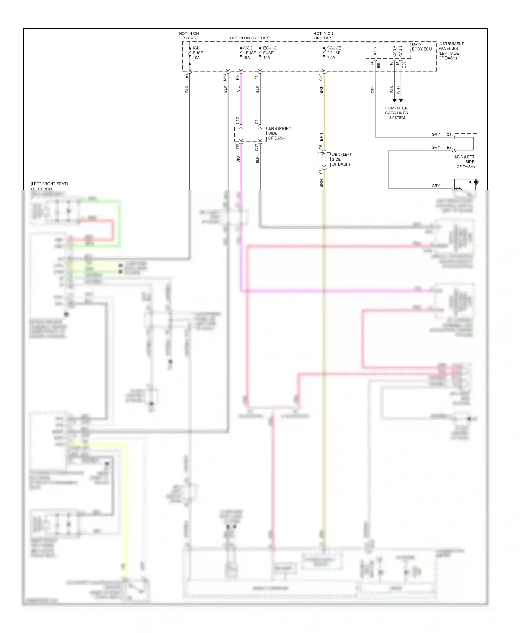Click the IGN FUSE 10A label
coord(198,53)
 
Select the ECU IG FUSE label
coord(269,53)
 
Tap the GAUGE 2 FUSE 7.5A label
coord(333,53)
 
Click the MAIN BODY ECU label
coord(422,47)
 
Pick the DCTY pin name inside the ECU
coord(375,52)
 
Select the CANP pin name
coord(394,51)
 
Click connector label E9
coord(187,75)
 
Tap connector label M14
coord(225,77)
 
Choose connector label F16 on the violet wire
coord(238,77)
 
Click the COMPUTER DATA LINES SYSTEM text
coord(397,113)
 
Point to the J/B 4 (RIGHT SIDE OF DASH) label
coord(279,133)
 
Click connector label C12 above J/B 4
coord(238,121)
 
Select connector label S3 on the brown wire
coord(321,171)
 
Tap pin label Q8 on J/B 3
coord(449,135)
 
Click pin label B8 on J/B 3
coord(449,148)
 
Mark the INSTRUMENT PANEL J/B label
coord(451,51)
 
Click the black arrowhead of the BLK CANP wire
coord(395,100)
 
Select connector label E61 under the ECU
coord(379,64)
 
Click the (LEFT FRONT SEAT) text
coord(49,184)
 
